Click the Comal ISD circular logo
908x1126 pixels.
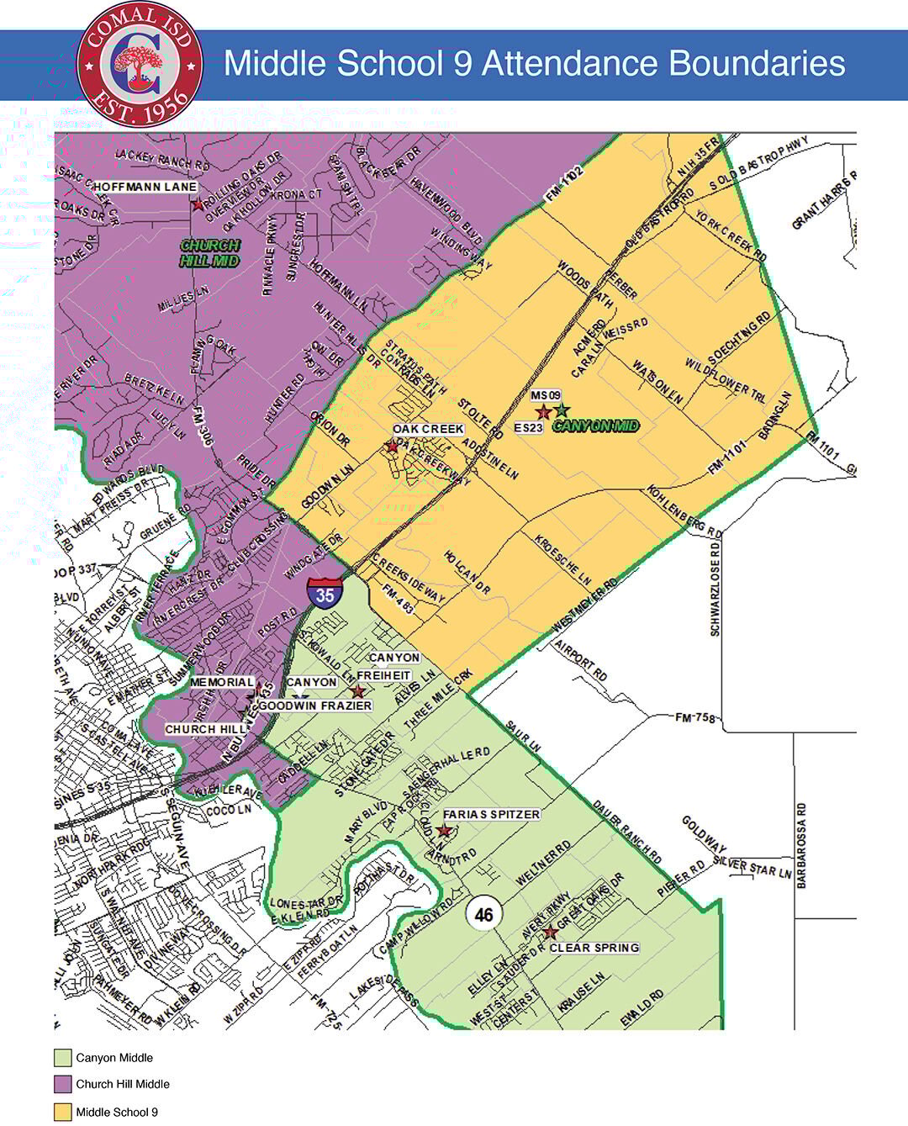(x=139, y=65)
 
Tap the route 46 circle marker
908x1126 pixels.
(x=483, y=913)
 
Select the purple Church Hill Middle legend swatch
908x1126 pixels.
(x=63, y=1084)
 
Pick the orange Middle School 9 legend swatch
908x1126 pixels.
(x=63, y=1112)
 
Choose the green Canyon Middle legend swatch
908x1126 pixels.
(x=63, y=1057)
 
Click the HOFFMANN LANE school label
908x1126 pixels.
(x=145, y=187)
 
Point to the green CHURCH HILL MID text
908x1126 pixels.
(x=210, y=253)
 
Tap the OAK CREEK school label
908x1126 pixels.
(x=428, y=429)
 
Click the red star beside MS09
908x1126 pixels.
(x=543, y=412)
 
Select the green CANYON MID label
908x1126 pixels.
(x=596, y=426)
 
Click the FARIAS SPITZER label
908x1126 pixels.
(x=491, y=814)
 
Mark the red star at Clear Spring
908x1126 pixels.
(x=549, y=933)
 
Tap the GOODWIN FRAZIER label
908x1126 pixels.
(x=315, y=706)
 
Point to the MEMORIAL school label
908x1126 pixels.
(x=222, y=682)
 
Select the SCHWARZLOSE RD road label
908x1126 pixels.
(x=715, y=589)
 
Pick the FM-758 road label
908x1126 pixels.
(x=694, y=717)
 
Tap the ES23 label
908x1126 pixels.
(x=529, y=427)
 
